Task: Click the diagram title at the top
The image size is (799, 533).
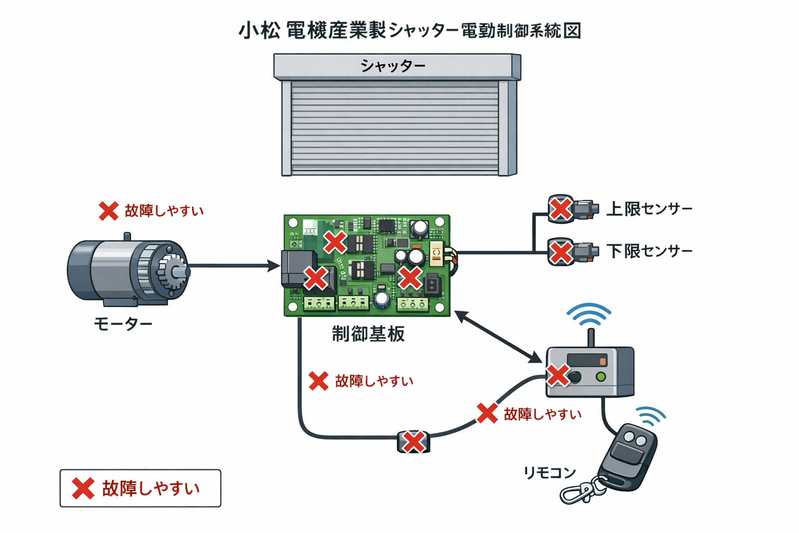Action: [409, 31]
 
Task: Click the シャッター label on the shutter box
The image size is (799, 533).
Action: [393, 66]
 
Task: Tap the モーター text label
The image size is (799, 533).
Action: [123, 324]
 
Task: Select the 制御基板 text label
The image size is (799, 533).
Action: [368, 334]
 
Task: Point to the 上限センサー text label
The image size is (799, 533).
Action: [650, 209]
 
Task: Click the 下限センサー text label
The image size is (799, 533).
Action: [650, 251]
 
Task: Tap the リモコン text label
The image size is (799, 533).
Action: [549, 473]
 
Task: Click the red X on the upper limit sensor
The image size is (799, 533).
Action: [561, 209]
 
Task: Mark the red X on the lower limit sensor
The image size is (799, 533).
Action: [561, 252]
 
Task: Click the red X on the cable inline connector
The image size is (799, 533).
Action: [414, 442]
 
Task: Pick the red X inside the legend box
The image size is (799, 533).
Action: [83, 488]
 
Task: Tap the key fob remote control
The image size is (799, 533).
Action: [628, 457]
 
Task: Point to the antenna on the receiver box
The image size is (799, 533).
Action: [590, 337]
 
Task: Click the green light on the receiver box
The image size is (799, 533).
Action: [601, 376]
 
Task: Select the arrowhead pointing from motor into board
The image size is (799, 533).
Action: [274, 266]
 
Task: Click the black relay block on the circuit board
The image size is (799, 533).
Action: [298, 268]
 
